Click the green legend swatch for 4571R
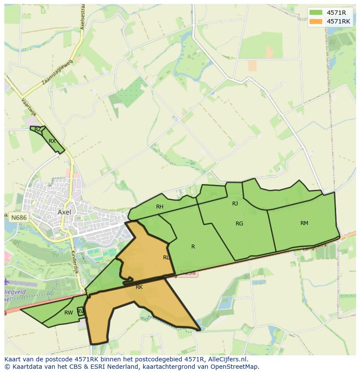coord(316,12)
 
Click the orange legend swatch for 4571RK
coord(316,21)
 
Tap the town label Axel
coord(64,212)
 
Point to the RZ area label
coord(38,129)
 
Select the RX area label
coord(52,141)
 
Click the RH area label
coord(160,207)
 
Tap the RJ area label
coord(235,203)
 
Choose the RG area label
coord(239,224)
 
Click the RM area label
coord(304,223)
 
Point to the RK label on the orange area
coord(139,287)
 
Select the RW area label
coord(68,313)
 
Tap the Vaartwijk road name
coord(28,107)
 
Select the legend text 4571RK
coord(338,21)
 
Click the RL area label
coord(166,258)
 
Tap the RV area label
coord(80,311)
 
